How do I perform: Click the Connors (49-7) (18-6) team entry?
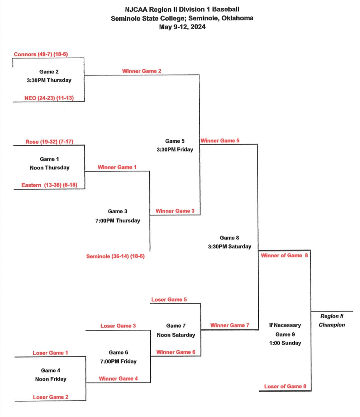(x=41, y=54)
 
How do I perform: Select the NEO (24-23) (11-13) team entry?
(x=49, y=98)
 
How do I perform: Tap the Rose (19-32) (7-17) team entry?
(x=49, y=141)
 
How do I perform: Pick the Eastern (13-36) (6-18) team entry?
(x=47, y=185)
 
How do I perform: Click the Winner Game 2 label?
(x=142, y=71)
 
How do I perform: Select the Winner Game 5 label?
(x=220, y=141)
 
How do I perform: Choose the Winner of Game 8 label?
(x=284, y=256)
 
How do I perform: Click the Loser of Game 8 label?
(x=285, y=386)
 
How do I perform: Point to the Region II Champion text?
(x=332, y=321)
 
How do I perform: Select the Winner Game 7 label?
(x=230, y=325)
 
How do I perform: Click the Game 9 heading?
(x=285, y=334)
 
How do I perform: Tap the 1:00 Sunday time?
(x=285, y=343)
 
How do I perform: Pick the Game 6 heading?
(x=118, y=353)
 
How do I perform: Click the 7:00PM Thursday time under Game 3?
(x=118, y=221)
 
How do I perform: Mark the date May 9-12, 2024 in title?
(x=182, y=27)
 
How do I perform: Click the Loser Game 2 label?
(x=51, y=397)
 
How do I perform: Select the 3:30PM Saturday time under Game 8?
(x=230, y=246)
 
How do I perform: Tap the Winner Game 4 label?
(x=118, y=378)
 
